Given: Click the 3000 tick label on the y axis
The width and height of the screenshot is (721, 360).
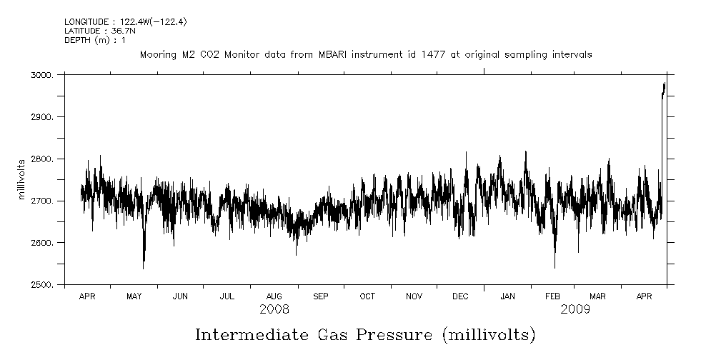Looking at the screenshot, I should tap(44, 75).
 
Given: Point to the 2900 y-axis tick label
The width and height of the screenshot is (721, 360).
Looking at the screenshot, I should tap(44, 117).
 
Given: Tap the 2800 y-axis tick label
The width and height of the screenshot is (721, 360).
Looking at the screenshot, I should tap(44, 159).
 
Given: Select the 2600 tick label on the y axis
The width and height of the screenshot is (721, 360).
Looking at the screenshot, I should tap(44, 244).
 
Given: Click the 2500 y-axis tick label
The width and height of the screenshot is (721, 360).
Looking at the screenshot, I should tap(44, 285).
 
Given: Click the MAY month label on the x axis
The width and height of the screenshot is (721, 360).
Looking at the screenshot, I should tap(134, 296).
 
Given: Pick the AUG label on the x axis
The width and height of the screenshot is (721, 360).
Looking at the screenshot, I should tap(274, 296).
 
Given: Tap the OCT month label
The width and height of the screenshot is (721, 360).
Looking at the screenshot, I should tap(367, 296).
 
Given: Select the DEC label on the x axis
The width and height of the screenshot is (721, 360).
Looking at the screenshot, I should tap(460, 296).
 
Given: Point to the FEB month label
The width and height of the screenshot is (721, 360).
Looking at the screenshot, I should tap(554, 296).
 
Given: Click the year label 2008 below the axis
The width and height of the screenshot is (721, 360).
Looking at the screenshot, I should tap(274, 309).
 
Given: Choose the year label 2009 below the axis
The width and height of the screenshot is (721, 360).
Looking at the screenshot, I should tap(575, 309).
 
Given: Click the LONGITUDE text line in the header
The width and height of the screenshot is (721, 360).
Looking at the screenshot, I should tap(126, 22).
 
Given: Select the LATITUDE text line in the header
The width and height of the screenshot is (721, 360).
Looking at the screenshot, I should tap(94, 31).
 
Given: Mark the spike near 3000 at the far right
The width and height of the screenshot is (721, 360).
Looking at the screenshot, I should tap(664, 87).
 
